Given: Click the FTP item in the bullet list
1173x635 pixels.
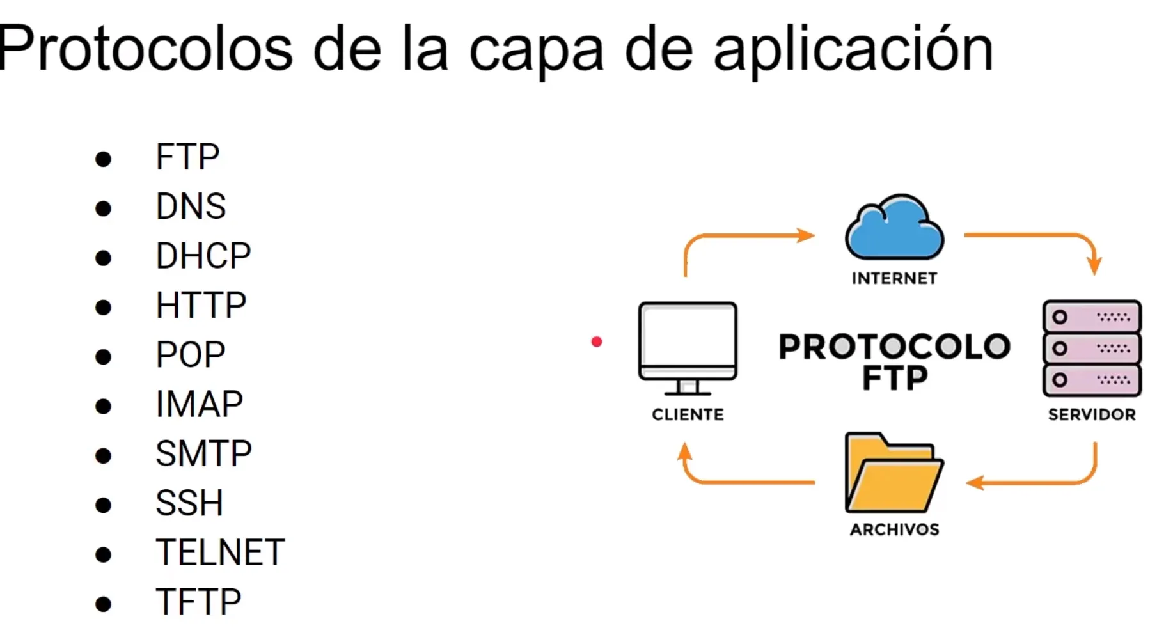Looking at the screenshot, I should tap(187, 157).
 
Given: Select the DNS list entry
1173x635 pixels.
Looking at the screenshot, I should tap(191, 207).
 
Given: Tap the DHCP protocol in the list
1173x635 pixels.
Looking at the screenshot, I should tap(203, 256).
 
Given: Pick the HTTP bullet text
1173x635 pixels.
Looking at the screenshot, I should tap(201, 305).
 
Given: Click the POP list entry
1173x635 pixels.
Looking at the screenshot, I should tap(191, 354).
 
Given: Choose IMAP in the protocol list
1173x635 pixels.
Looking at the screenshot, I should tap(199, 404).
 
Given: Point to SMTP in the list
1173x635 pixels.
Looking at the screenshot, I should tap(203, 453).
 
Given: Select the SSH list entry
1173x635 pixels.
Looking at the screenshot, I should tap(189, 503).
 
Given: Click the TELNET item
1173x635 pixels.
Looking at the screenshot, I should tap(220, 553).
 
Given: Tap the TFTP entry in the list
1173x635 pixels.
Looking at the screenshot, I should tap(198, 602).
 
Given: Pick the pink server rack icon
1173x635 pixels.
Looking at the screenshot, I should tap(1092, 349).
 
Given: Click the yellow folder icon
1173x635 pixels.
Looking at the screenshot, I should tap(894, 474).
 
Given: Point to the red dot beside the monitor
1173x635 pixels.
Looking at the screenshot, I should tap(597, 342).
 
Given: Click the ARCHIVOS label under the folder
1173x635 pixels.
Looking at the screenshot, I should tap(894, 529).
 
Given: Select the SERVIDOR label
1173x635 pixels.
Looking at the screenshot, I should tap(1092, 414).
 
